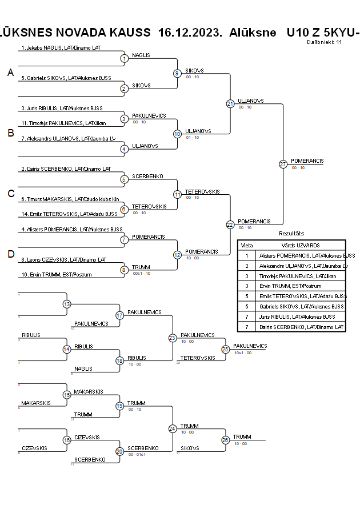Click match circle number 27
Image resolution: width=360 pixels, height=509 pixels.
pyautogui.click(x=283, y=164)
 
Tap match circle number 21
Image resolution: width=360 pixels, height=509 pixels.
pyautogui.click(x=230, y=103)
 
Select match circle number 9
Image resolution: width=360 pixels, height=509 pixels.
pyautogui.click(x=177, y=73)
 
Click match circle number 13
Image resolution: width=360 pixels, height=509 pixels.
pyautogui.click(x=67, y=304)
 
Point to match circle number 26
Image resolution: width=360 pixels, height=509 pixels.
pyautogui.click(x=225, y=440)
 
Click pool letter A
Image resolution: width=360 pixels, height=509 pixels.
pyautogui.click(x=10, y=73)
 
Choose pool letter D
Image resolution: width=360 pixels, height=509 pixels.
pyautogui.click(x=10, y=254)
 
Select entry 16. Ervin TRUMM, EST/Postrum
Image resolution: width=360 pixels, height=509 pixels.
pyautogui.click(x=56, y=275)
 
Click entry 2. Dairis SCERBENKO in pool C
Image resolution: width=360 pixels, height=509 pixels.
pyautogui.click(x=65, y=169)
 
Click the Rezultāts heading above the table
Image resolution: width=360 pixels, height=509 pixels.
pyautogui.click(x=291, y=234)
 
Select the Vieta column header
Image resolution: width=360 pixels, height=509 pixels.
pyautogui.click(x=247, y=245)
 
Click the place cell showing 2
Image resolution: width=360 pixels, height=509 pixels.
pyautogui.click(x=247, y=266)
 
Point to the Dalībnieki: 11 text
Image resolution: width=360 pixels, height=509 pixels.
pyautogui.click(x=324, y=42)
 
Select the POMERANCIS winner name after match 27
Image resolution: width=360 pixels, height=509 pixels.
pyautogui.click(x=307, y=161)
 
